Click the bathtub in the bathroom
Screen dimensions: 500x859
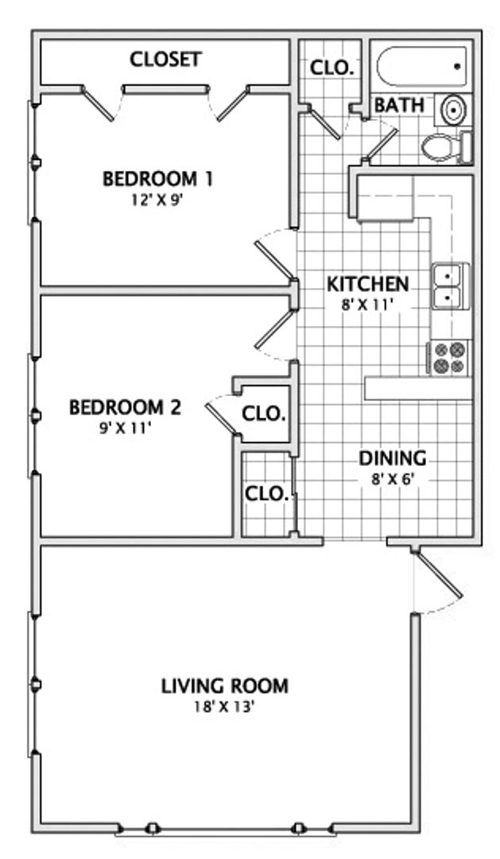click(x=421, y=66)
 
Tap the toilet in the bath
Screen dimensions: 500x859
click(x=447, y=147)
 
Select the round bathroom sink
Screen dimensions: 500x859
click(x=453, y=110)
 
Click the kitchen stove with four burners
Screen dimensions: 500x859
click(x=448, y=358)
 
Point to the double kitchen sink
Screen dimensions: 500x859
click(x=450, y=286)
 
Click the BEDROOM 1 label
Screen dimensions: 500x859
click(x=157, y=179)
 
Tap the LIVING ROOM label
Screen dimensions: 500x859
click(x=224, y=686)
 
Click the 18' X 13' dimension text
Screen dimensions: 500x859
click(x=224, y=707)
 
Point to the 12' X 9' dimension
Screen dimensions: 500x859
click(x=157, y=200)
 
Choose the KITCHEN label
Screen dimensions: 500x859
click(x=367, y=284)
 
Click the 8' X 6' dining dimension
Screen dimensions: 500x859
click(x=392, y=480)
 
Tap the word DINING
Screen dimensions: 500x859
click(x=392, y=458)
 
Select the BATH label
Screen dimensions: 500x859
click(x=399, y=105)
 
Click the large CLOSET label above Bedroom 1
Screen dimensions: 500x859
click(x=166, y=59)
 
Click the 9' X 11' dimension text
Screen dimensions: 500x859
click(x=124, y=429)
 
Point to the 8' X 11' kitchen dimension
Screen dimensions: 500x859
click(x=368, y=305)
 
